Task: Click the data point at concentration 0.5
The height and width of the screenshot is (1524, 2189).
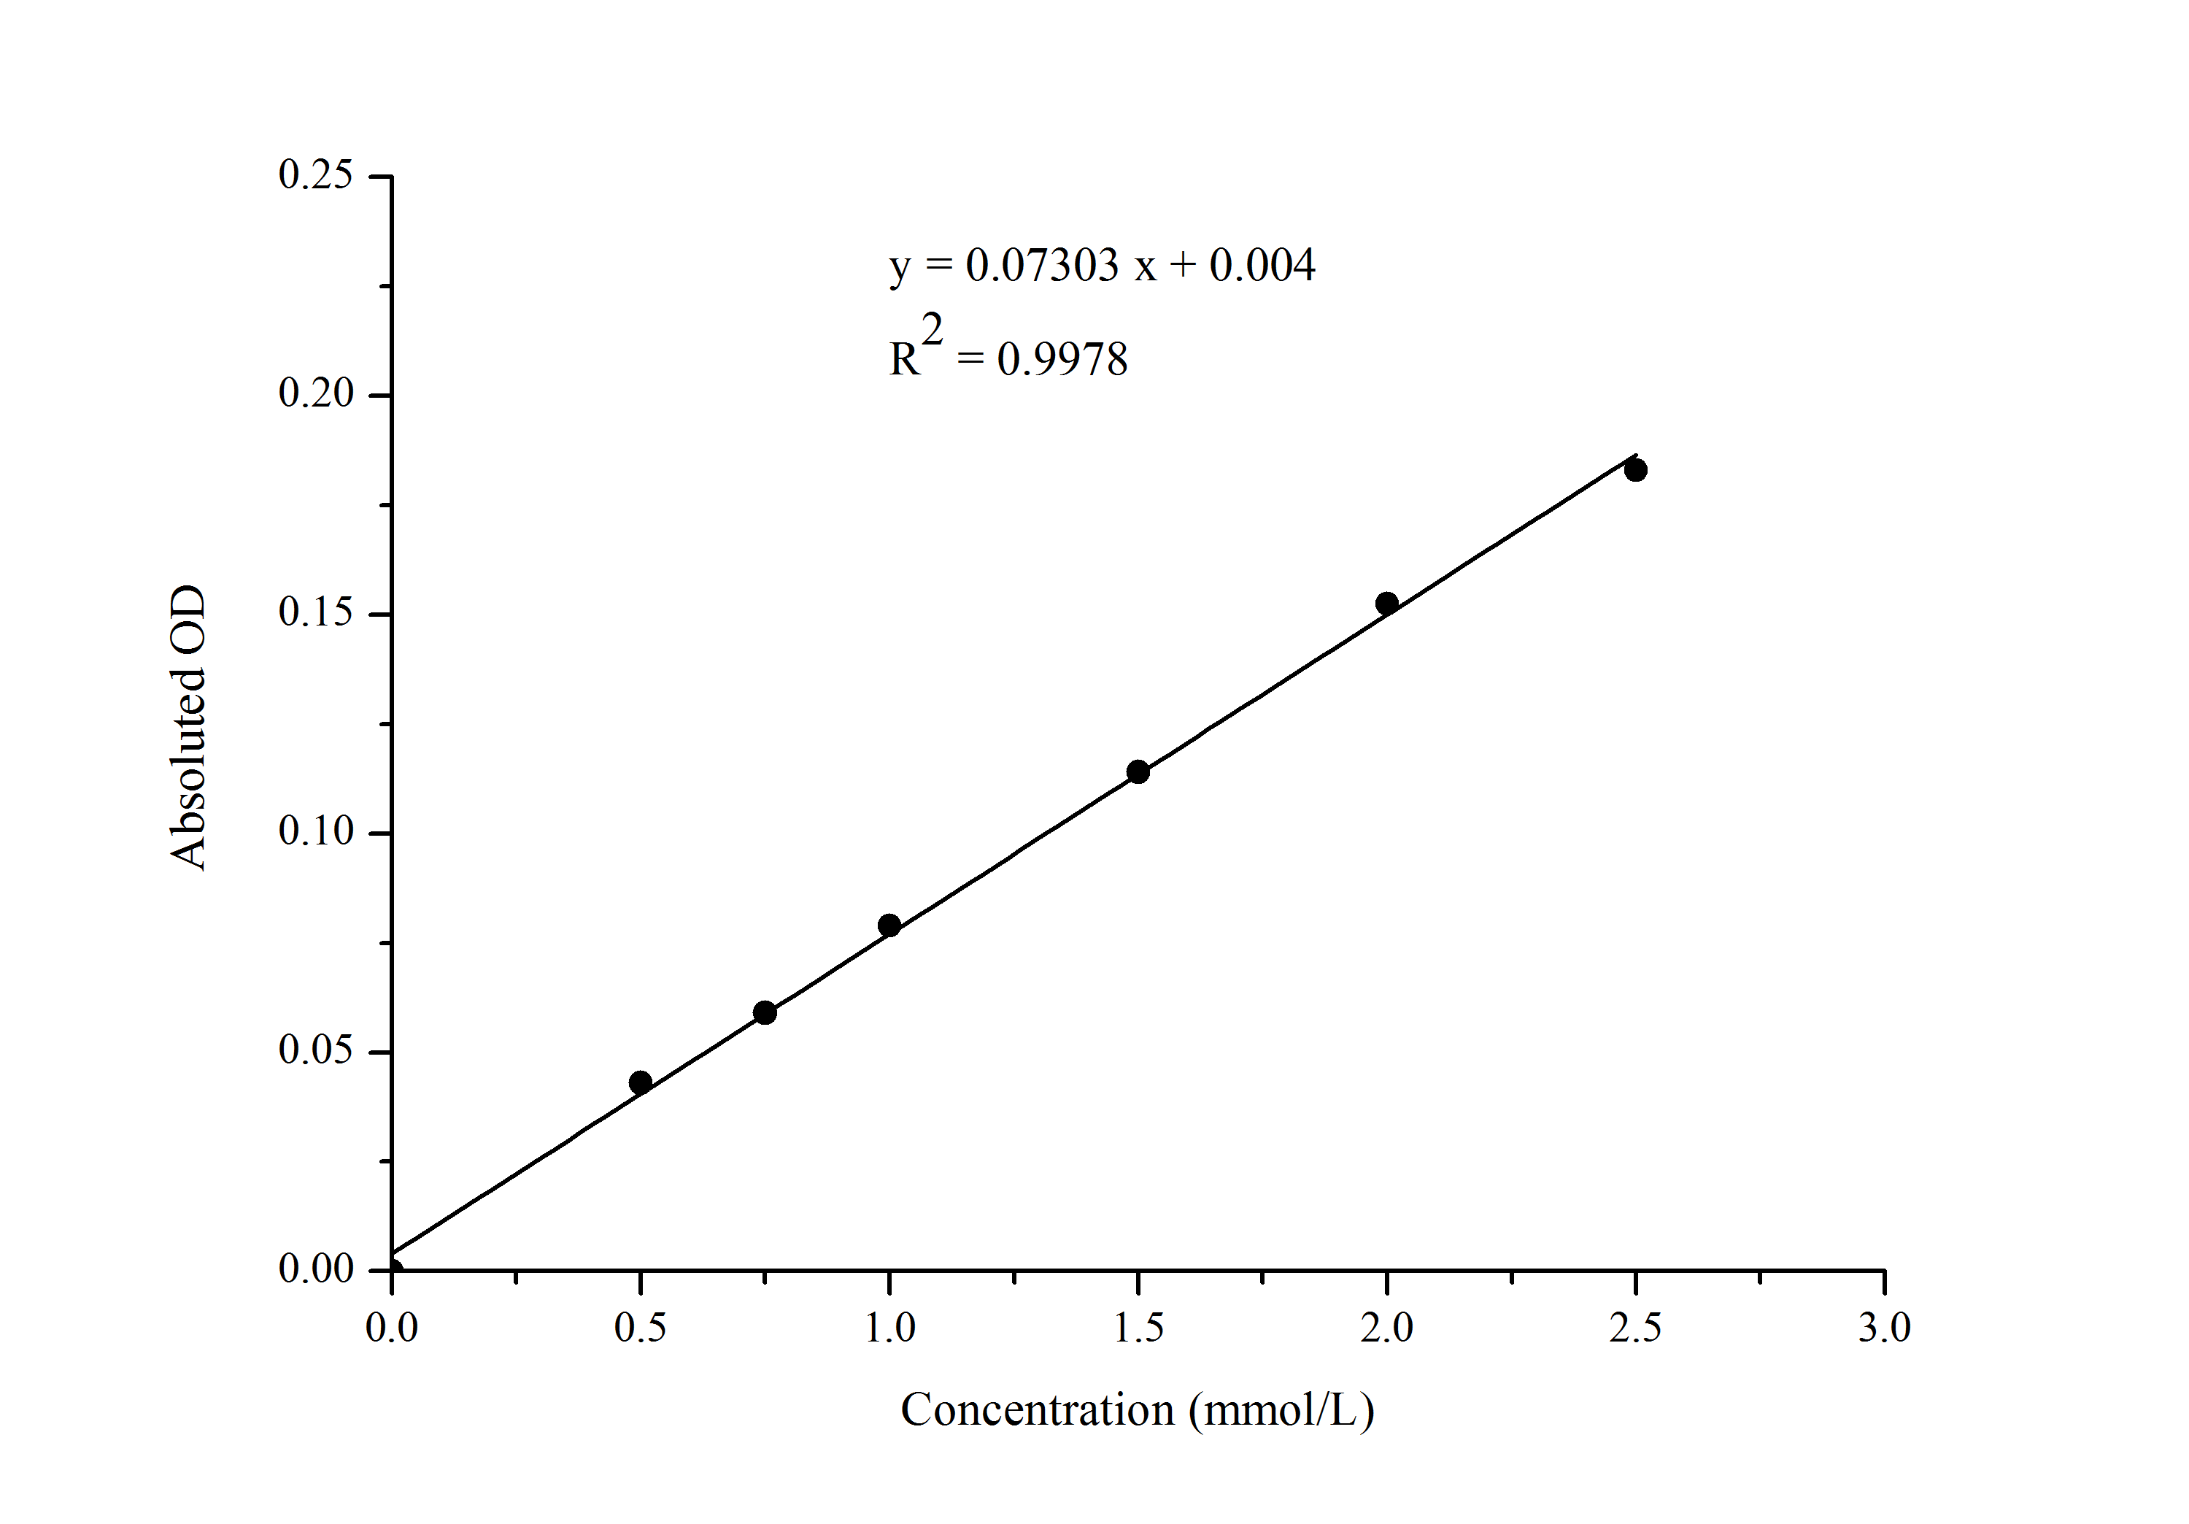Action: [x=641, y=1082]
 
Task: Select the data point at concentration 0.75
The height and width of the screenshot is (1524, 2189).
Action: [x=765, y=1013]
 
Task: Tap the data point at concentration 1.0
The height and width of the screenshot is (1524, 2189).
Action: [x=889, y=925]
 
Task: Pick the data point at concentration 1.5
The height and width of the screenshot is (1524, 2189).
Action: [x=1138, y=771]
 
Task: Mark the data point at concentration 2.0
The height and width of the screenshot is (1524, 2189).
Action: [x=1387, y=603]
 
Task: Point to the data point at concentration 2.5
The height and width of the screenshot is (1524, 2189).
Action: [x=1636, y=469]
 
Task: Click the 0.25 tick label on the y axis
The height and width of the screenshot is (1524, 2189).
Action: [x=314, y=175]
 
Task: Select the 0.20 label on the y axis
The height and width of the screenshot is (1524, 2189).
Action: [x=314, y=394]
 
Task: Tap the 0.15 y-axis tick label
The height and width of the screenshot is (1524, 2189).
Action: [x=314, y=613]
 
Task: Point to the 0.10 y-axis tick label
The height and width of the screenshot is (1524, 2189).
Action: [x=314, y=831]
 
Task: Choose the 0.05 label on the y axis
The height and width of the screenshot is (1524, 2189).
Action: [x=314, y=1051]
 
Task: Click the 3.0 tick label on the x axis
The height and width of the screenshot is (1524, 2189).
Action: [x=1885, y=1328]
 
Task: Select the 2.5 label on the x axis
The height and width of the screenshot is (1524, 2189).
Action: [x=1635, y=1328]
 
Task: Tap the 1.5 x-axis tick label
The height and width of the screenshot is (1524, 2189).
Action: [x=1138, y=1328]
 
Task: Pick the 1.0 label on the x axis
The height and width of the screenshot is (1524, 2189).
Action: [x=889, y=1328]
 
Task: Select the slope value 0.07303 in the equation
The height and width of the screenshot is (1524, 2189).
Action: [x=1042, y=265]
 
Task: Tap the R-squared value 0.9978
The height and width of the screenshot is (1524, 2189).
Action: [x=1062, y=361]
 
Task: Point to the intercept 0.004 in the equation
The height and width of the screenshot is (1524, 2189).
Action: [x=1262, y=265]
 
